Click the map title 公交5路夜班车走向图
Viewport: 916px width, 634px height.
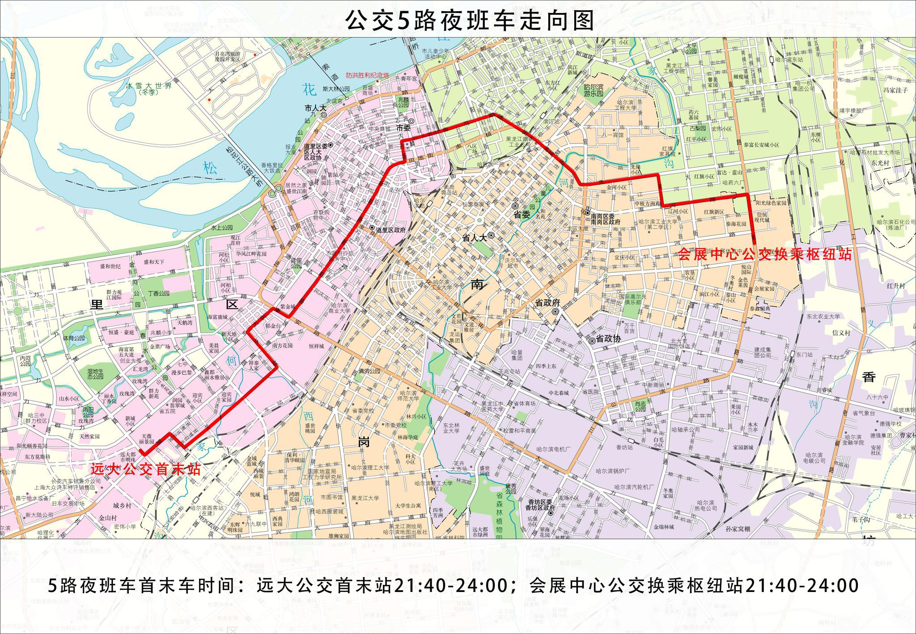point(470,21)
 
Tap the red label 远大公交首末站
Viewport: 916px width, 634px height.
point(145,469)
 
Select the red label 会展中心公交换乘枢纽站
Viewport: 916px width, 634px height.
point(764,254)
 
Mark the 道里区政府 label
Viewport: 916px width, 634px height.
point(390,230)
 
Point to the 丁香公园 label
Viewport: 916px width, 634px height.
point(158,293)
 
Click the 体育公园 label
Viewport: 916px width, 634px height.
point(74,338)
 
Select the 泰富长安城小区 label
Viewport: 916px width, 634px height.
point(761,145)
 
